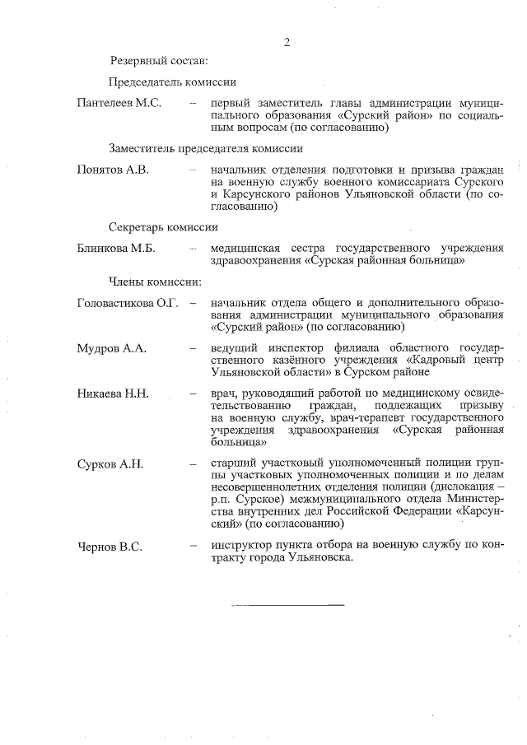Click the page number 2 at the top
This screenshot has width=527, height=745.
pos(287,42)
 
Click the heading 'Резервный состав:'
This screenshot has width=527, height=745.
pos(159,61)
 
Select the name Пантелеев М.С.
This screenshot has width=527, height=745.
pos(119,104)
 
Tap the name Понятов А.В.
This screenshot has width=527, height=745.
pos(113,171)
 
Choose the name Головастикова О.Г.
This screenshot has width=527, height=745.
pos(128,303)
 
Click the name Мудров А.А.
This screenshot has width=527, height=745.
pos(111,349)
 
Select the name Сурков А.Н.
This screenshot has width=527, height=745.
pos(110,464)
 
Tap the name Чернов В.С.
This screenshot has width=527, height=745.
pos(109,545)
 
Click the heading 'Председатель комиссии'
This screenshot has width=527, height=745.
pos(172,82)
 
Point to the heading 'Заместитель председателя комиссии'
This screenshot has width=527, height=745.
pos(205,150)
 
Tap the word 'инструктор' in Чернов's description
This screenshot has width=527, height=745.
pos(239,545)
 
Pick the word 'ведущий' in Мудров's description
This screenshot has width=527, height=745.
pos(231,349)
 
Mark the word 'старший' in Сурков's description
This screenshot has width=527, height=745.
pos(231,464)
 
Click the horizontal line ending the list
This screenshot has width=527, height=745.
pos(287,605)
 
